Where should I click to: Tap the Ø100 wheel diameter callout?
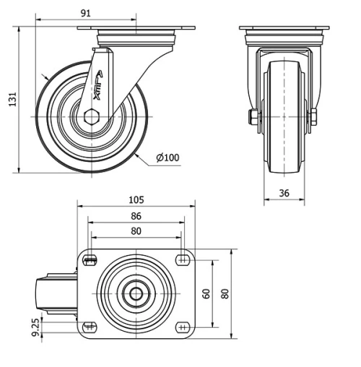tap(167, 157)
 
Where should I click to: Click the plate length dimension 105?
tap(136, 199)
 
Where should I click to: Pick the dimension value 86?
tap(136, 216)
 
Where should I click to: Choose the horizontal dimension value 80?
tap(136, 231)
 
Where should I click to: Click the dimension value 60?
tap(206, 294)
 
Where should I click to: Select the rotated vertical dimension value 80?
tap(225, 294)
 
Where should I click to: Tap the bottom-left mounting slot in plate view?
tap(90, 327)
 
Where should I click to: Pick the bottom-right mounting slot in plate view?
tap(181, 327)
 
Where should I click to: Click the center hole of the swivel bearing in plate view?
tap(136, 294)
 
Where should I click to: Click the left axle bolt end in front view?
tap(253, 117)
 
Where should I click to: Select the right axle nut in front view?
tap(313, 117)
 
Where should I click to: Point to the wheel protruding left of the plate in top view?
tap(58, 294)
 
